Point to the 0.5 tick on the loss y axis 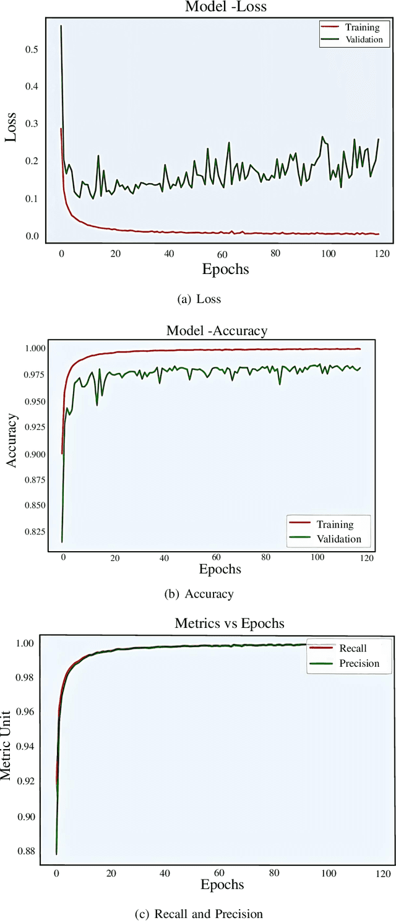[x=31, y=49]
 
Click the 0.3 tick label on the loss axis [x=31, y=124]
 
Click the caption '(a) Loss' [x=199, y=299]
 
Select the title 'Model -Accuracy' [x=217, y=331]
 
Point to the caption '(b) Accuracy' [x=199, y=594]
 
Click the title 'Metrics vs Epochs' [x=230, y=623]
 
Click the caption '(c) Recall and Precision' [x=199, y=914]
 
